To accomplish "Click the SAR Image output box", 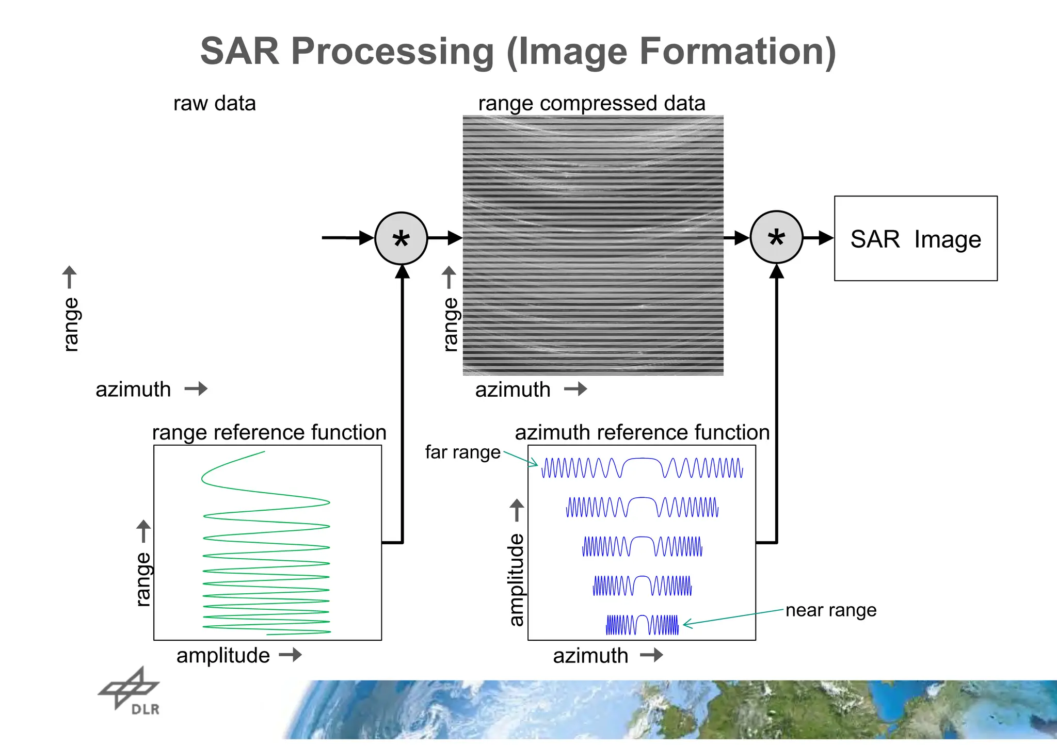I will click(915, 238).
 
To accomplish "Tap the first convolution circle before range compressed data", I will click(401, 238).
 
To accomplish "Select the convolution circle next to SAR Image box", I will click(776, 237).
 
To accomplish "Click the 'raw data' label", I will click(214, 103).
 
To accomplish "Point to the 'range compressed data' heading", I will click(591, 103).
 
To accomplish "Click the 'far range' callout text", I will click(462, 452).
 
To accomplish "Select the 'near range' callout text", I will click(830, 610).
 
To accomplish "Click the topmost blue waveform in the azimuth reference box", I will click(642, 467).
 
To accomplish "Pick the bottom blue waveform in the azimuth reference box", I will click(642, 625).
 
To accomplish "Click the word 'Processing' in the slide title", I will click(392, 51).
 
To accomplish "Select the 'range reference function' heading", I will click(269, 432).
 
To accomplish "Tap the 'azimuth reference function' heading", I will click(642, 432).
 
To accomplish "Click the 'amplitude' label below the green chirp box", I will click(223, 656).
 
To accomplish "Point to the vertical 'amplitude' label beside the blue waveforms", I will click(516, 580).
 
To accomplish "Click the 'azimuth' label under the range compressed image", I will click(513, 389).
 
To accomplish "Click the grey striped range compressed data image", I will click(592, 245).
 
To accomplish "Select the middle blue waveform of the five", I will click(642, 546).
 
